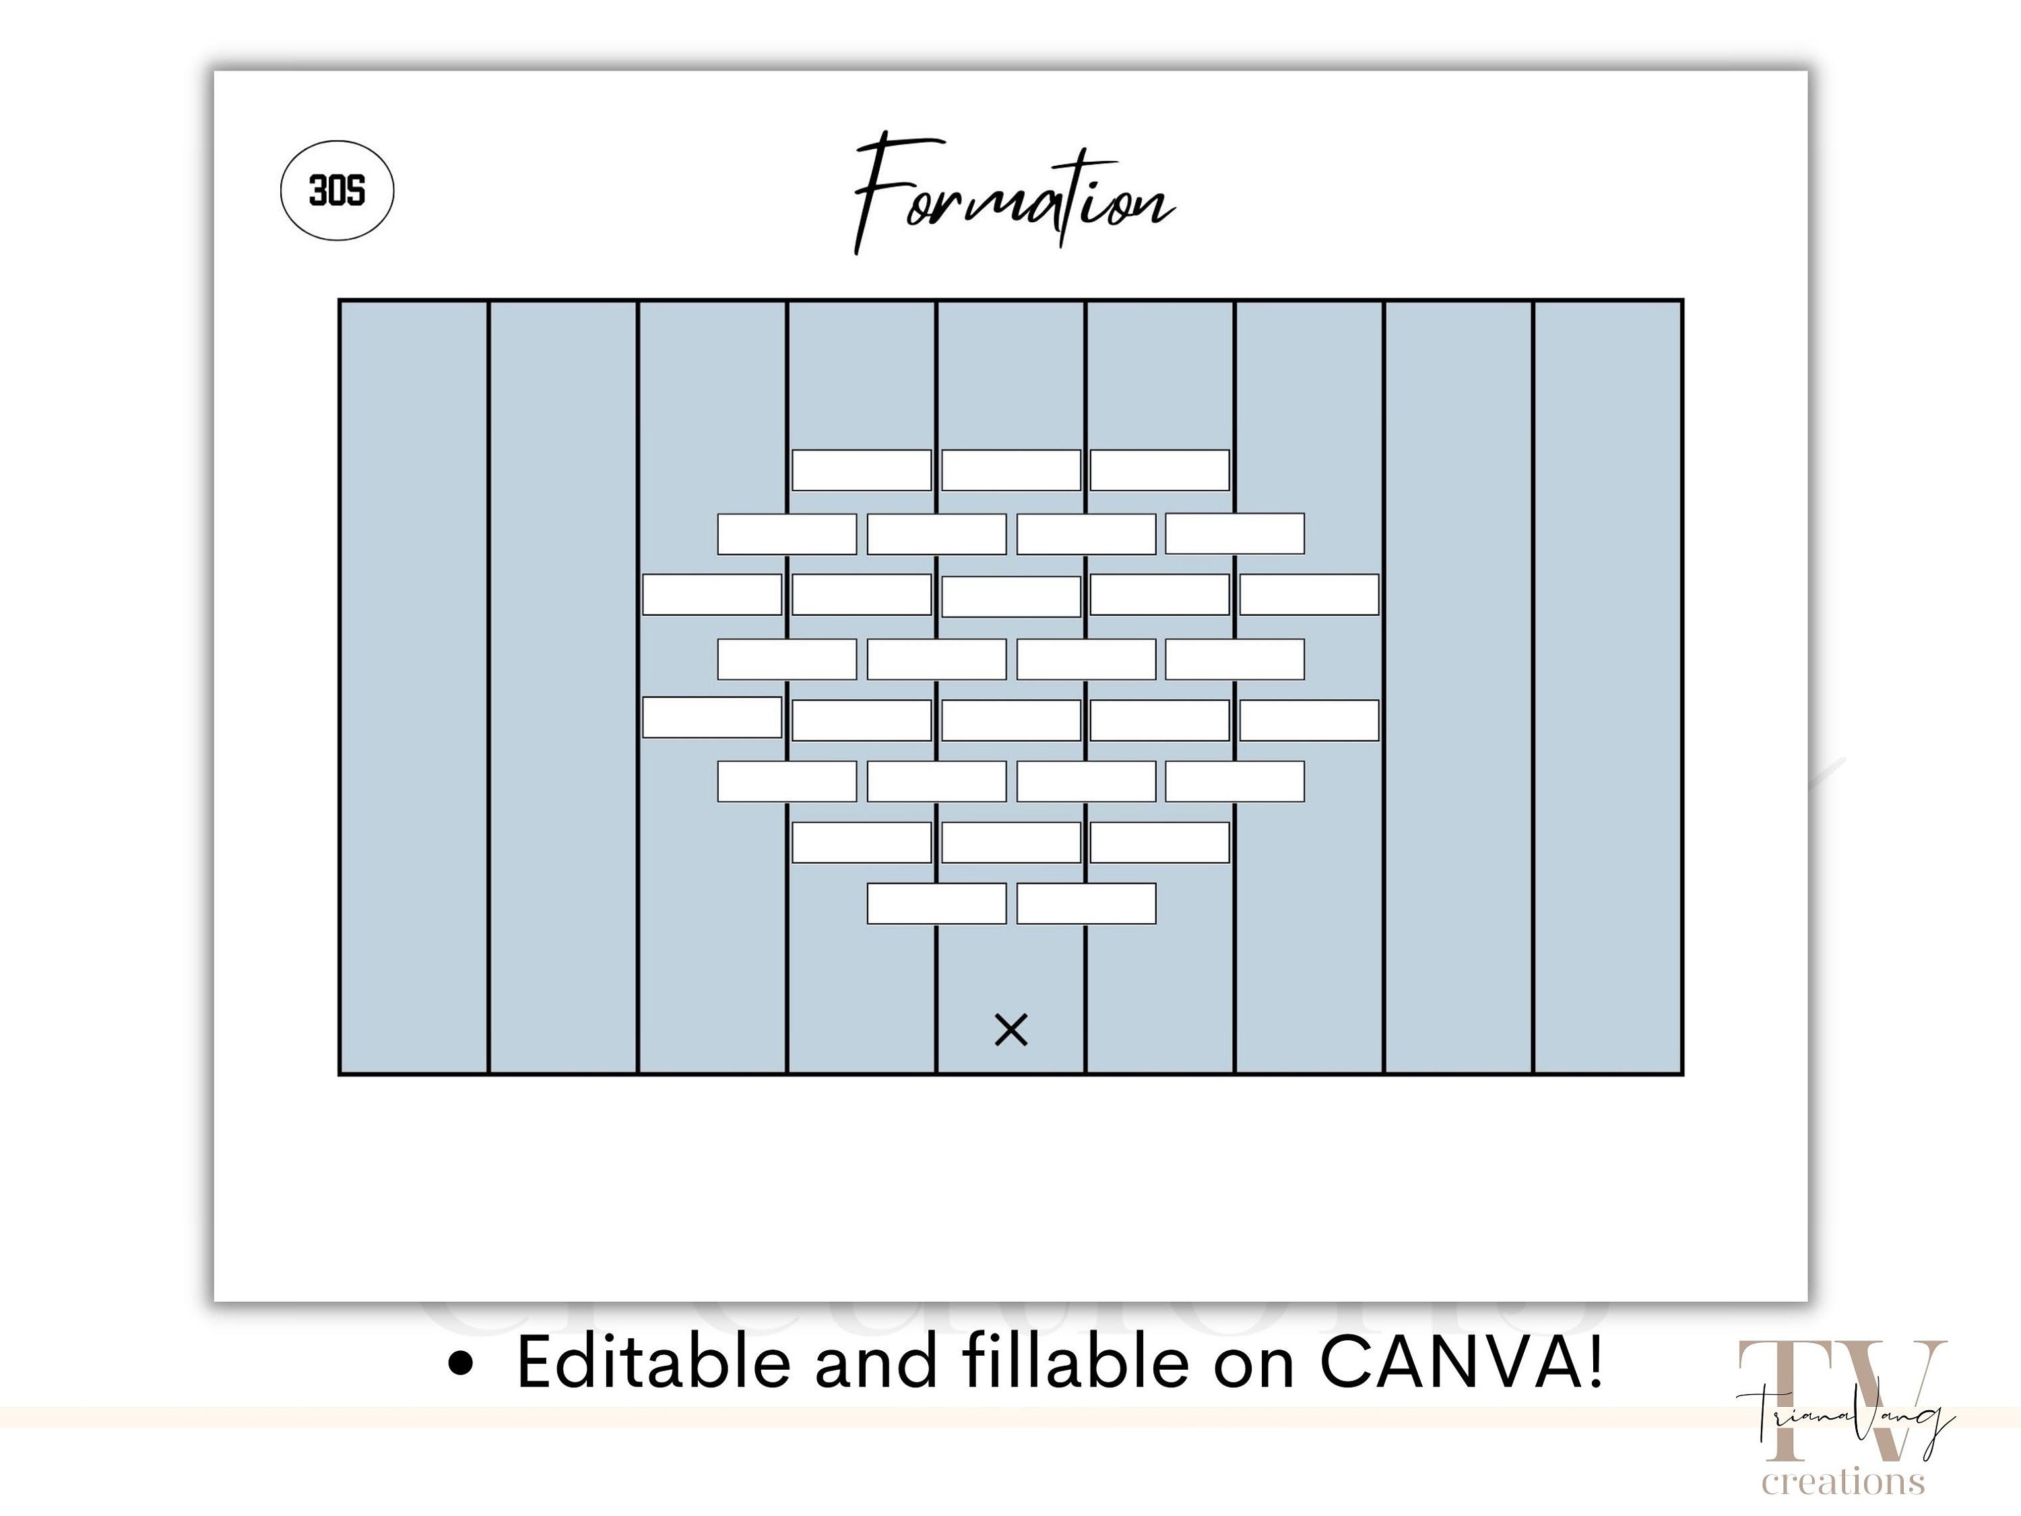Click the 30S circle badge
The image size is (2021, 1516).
[x=337, y=190]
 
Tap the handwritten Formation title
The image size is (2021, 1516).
[x=1013, y=194]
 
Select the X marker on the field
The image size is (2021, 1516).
[x=1010, y=1030]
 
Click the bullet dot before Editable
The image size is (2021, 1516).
[x=462, y=1364]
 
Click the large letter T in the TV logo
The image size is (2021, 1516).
[x=1789, y=1398]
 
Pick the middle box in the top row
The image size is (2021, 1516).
[x=1010, y=470]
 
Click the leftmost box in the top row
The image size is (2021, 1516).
[x=862, y=470]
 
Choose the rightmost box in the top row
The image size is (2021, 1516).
[x=1159, y=470]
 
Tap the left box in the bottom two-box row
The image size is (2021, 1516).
[x=936, y=904]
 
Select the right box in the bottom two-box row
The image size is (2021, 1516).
[x=1087, y=904]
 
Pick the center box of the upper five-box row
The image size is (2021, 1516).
[x=1010, y=596]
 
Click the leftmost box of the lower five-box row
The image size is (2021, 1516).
[x=712, y=718]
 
